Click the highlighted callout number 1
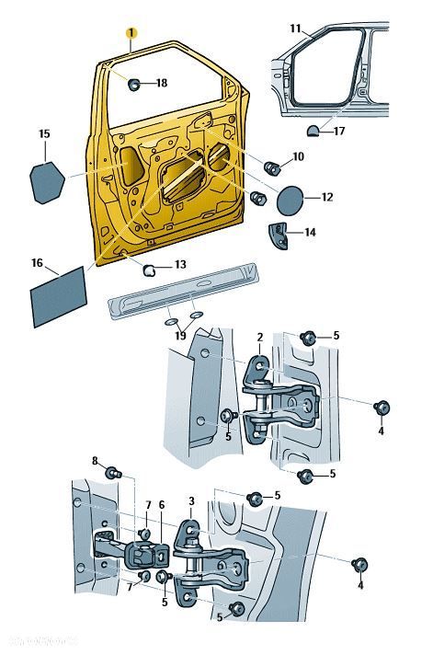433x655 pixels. pyautogui.click(x=131, y=33)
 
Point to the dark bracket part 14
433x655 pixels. pyautogui.click(x=279, y=234)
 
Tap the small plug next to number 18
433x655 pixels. pyautogui.click(x=134, y=85)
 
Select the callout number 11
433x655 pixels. pyautogui.click(x=295, y=29)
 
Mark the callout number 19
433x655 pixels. pyautogui.click(x=180, y=337)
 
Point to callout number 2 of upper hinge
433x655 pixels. pyautogui.click(x=260, y=338)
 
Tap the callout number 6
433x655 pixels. pyautogui.click(x=161, y=504)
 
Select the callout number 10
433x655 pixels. pyautogui.click(x=298, y=157)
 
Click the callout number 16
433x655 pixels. pyautogui.click(x=38, y=263)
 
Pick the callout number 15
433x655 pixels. pyautogui.click(x=43, y=134)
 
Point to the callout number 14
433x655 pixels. pyautogui.click(x=310, y=233)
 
